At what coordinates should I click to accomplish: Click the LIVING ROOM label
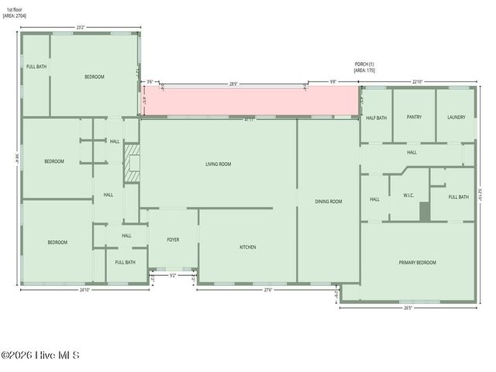218,164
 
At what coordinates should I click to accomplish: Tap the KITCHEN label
247,247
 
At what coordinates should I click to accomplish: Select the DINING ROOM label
328,201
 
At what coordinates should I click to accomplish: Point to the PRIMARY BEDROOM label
417,263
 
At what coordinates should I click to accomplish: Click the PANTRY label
414,117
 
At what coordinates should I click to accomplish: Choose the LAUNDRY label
456,117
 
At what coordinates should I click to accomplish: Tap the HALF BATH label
376,117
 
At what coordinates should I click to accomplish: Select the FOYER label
173,239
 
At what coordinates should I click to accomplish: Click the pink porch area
248,102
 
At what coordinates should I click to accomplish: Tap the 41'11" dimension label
249,119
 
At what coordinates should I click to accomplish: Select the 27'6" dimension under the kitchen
246,290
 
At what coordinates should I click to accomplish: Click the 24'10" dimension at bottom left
84,290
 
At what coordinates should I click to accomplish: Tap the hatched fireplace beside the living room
133,163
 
